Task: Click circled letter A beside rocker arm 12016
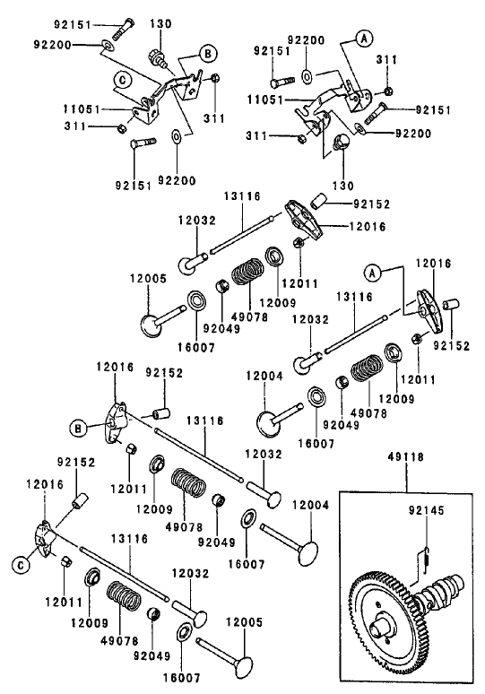(x=373, y=271)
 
